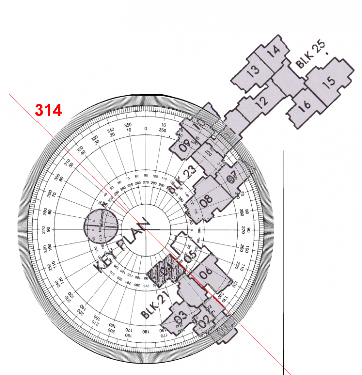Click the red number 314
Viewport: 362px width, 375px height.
tap(48, 110)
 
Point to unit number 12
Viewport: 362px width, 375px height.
tap(262, 101)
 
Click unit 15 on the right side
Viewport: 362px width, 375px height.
tap(329, 82)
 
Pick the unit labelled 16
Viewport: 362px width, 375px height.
tap(304, 105)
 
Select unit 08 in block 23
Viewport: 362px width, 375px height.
tap(206, 200)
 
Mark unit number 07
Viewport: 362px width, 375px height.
tap(232, 178)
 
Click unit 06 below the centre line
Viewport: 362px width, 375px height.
tap(206, 273)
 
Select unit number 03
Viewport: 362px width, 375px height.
tap(180, 316)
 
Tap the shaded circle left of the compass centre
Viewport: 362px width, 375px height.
tap(100, 224)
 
